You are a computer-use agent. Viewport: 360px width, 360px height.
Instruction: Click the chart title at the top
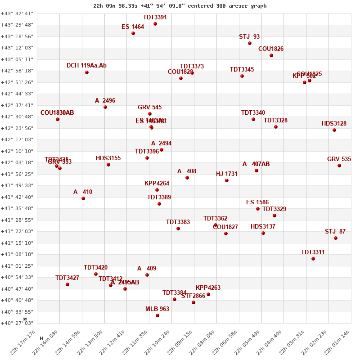180,6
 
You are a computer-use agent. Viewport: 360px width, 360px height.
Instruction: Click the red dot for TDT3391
155,24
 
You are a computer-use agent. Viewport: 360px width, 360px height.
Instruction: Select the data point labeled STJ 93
250,43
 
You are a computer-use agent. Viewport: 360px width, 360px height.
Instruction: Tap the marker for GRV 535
339,166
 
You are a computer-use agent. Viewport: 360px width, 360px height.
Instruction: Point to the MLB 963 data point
157,315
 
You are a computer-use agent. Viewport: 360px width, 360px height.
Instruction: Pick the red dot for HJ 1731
227,180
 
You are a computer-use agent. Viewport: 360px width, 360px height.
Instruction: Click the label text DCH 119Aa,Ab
86,66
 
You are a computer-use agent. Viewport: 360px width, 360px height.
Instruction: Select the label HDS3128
334,124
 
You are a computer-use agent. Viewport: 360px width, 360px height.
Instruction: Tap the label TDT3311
313,252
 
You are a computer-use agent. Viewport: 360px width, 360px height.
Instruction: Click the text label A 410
83,192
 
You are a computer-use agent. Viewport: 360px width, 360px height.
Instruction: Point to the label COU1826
271,49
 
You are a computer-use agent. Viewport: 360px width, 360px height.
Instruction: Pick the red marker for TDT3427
67,284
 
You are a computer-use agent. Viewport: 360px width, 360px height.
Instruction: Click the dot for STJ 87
336,238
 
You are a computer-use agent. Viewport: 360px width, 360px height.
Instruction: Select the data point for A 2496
105,107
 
